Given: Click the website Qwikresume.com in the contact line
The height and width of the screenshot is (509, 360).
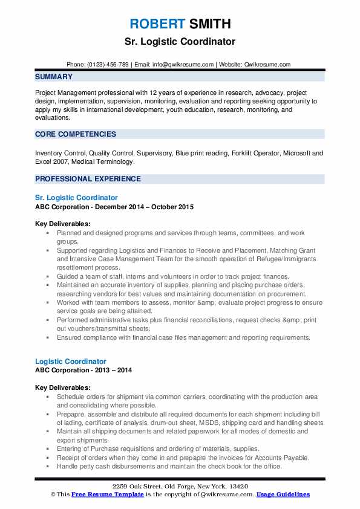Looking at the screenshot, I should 269,64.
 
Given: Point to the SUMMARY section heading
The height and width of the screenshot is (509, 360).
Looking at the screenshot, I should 54,77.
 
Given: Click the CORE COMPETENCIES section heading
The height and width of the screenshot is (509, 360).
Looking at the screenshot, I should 76,134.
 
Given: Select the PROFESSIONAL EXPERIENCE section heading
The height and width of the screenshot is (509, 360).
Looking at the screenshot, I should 88,179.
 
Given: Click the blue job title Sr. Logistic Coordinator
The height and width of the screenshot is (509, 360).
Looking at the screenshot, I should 76,198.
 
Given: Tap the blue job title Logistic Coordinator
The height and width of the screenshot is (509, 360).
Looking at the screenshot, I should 71,361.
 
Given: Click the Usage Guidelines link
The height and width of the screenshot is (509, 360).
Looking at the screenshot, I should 283,494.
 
